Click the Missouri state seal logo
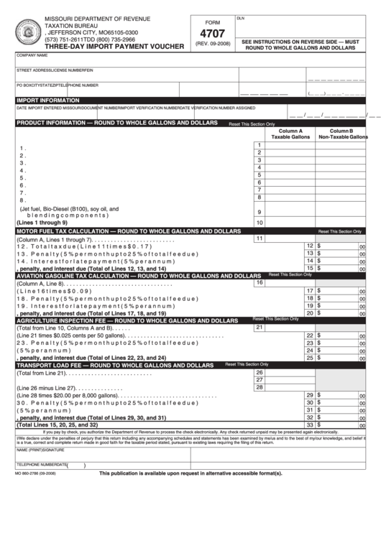point(29,31)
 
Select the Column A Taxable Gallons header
point(290,134)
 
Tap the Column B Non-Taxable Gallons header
point(342,134)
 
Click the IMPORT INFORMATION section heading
point(48,101)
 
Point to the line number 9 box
point(259,212)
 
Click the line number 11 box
point(259,238)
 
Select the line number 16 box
point(259,282)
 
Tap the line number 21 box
point(259,327)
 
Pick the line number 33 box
point(310,425)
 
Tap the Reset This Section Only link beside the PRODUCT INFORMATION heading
point(252,124)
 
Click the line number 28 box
point(259,387)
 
